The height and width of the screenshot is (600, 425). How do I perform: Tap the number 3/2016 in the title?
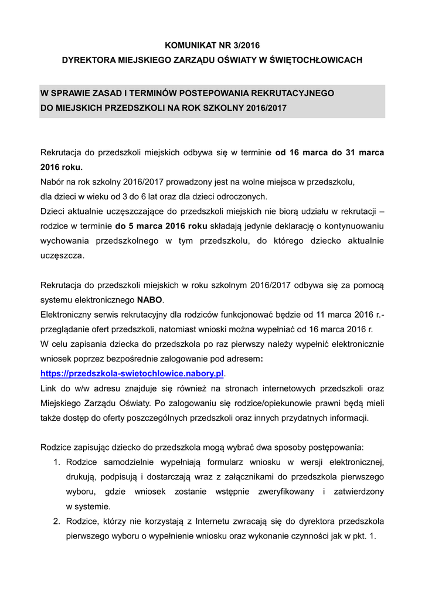[242, 45]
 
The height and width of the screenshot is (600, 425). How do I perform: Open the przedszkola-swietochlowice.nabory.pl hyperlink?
[132, 373]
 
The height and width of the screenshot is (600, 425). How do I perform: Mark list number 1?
[57, 462]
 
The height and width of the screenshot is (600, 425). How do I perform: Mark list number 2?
[57, 521]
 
